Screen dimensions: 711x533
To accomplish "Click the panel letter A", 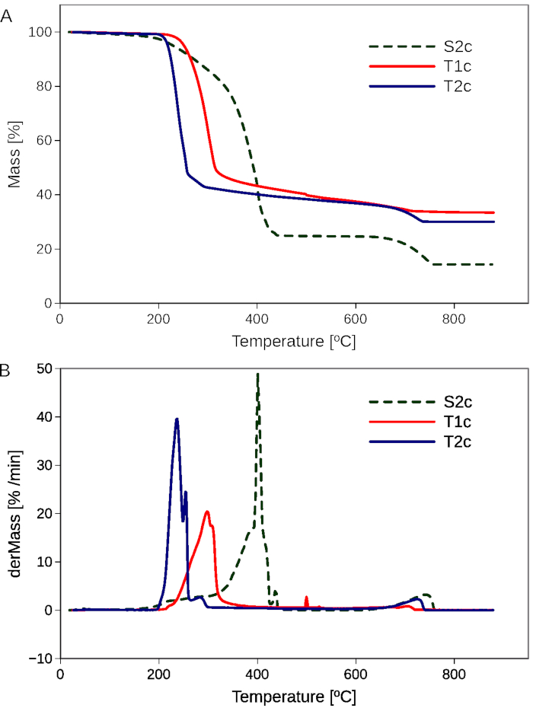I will click(x=6, y=16).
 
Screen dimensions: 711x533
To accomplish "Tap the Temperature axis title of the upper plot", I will click(x=293, y=342).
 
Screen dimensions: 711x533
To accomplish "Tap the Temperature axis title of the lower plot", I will click(x=293, y=697).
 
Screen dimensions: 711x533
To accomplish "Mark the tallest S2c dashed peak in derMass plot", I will click(x=258, y=375).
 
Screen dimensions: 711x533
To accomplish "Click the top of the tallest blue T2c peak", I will click(x=177, y=419).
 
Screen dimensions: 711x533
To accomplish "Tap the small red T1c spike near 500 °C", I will click(x=306, y=598).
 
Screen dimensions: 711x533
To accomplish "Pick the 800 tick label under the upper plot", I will click(x=454, y=319).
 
